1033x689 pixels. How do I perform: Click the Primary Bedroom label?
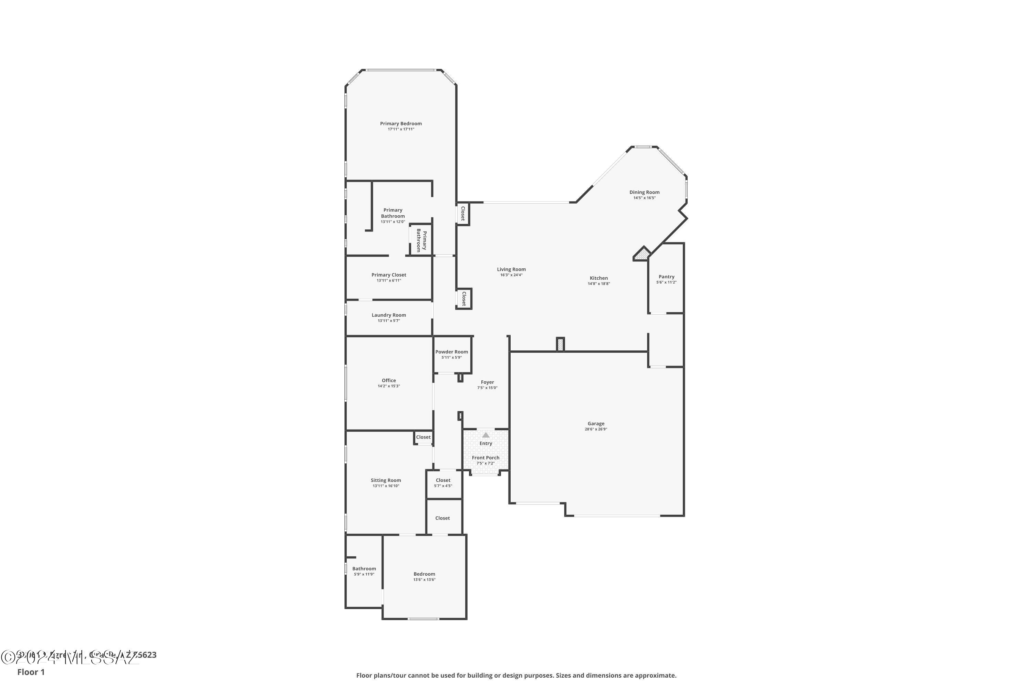(400, 123)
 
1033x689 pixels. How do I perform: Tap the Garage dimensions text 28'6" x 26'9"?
(596, 429)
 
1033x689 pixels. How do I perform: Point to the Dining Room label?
(644, 192)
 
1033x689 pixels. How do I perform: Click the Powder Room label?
(451, 351)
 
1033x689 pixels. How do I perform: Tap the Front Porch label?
(485, 457)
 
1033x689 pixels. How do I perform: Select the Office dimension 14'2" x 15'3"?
(389, 386)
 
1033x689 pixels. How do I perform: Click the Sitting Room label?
(386, 480)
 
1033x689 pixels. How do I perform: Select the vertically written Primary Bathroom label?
(421, 240)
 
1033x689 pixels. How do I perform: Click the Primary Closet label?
(389, 275)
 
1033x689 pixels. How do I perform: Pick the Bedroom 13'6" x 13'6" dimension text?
(424, 579)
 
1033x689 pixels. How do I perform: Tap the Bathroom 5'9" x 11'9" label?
(364, 569)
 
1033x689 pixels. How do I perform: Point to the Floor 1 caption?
(31, 672)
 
